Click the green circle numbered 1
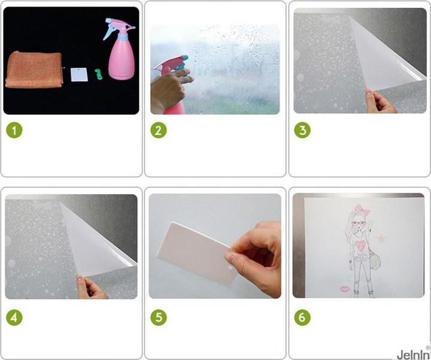tap(14, 130)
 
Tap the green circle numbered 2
tap(159, 130)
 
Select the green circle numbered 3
tap(302, 130)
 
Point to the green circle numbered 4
tap(14, 317)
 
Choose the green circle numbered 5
tap(159, 317)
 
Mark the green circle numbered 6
tap(302, 317)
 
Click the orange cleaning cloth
tap(34, 70)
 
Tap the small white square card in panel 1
tap(79, 74)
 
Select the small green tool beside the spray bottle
tap(98, 74)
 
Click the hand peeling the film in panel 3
tap(381, 101)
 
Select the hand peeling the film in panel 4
tap(92, 288)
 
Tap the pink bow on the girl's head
tap(362, 208)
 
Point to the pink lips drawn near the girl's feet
tap(345, 289)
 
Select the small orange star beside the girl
tap(381, 238)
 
